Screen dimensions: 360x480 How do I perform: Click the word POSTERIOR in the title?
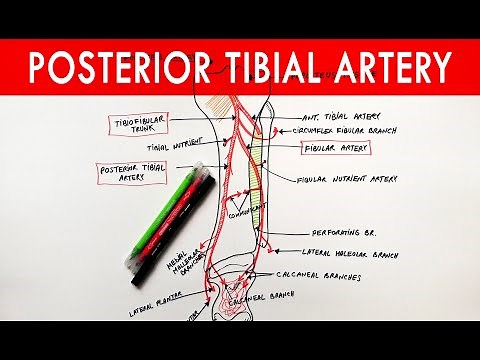point(118,66)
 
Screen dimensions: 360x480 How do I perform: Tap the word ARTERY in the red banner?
point(386,66)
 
